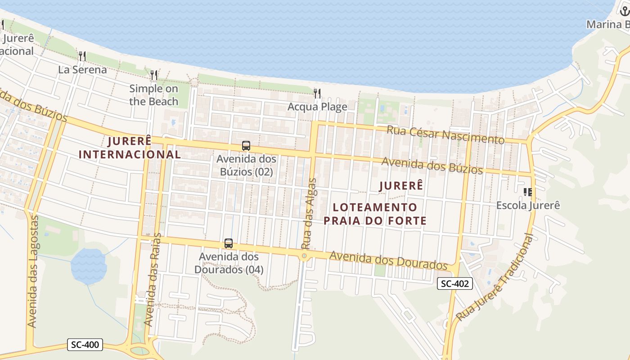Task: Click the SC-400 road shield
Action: pyautogui.click(x=85, y=345)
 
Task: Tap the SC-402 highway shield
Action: pyautogui.click(x=455, y=283)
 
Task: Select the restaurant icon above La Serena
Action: pyautogui.click(x=82, y=56)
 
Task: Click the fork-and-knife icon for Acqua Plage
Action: pyautogui.click(x=318, y=94)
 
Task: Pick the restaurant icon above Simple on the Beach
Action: pyautogui.click(x=154, y=75)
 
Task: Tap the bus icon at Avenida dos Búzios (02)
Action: pyautogui.click(x=246, y=146)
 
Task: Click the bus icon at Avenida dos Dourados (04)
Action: pyautogui.click(x=229, y=243)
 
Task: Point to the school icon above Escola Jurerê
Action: pyautogui.click(x=528, y=192)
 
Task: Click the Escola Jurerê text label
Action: pyautogui.click(x=528, y=205)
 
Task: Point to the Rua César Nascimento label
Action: pyautogui.click(x=445, y=135)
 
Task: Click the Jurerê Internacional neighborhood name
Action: pyautogui.click(x=130, y=148)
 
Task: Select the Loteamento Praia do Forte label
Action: pyautogui.click(x=375, y=214)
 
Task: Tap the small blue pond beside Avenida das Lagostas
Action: pyautogui.click(x=89, y=266)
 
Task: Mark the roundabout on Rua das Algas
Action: pyautogui.click(x=305, y=256)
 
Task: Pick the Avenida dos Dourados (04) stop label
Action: pyautogui.click(x=229, y=263)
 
